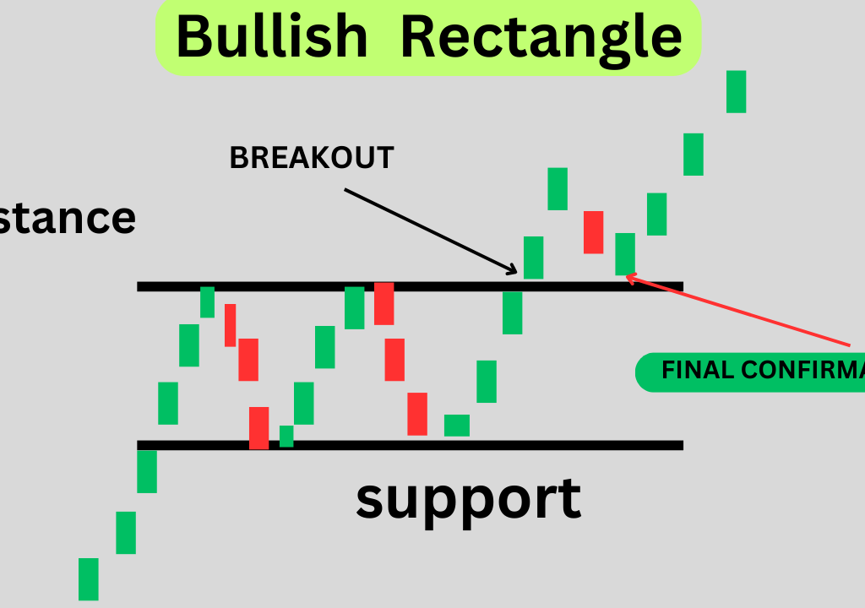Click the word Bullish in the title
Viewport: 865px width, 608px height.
pyautogui.click(x=272, y=37)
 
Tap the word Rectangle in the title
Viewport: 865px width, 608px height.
pyautogui.click(x=541, y=37)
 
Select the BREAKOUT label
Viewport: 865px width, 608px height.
pyautogui.click(x=312, y=158)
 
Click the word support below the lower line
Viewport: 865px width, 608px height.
pyautogui.click(x=468, y=498)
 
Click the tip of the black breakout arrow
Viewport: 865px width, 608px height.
pyautogui.click(x=516, y=272)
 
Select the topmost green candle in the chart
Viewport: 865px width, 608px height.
pyautogui.click(x=736, y=91)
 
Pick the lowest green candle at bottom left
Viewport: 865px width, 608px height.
pyautogui.click(x=88, y=578)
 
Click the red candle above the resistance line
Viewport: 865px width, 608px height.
pyautogui.click(x=593, y=232)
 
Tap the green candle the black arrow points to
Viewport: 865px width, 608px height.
pyautogui.click(x=533, y=258)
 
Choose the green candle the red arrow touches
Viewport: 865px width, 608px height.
pyautogui.click(x=624, y=253)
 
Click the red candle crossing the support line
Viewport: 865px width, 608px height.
pyautogui.click(x=258, y=427)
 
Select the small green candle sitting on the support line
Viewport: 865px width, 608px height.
pyautogui.click(x=286, y=436)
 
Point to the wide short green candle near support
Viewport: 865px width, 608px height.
pyautogui.click(x=457, y=425)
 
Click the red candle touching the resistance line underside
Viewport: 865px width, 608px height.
pyautogui.click(x=384, y=303)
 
